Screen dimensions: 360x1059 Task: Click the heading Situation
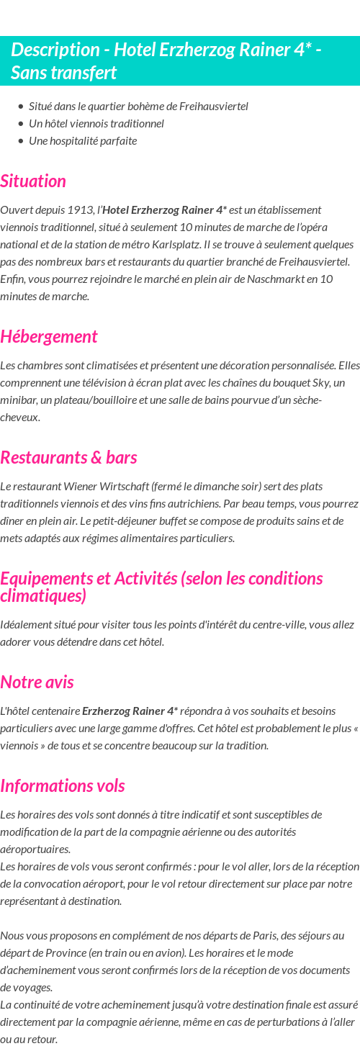coord(33,181)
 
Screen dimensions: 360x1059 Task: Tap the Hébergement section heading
coord(49,336)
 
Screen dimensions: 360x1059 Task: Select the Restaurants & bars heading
coord(68,457)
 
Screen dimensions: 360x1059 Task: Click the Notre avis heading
coord(37,682)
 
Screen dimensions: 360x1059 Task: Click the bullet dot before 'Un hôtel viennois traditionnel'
coord(21,124)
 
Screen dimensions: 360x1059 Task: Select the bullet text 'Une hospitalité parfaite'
coord(83,141)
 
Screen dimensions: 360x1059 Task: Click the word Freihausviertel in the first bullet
coord(214,107)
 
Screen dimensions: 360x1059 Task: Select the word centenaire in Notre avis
coord(54,711)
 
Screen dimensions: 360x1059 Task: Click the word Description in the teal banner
coord(55,50)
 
